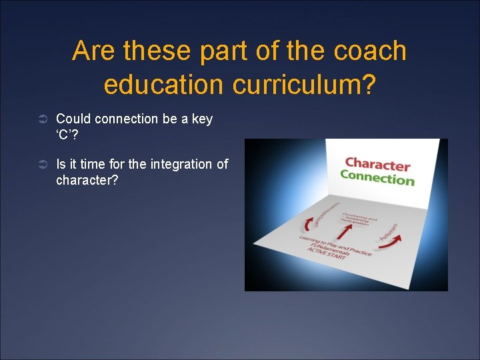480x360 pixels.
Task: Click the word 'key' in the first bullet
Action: click(201, 119)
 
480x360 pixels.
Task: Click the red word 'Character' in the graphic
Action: click(377, 164)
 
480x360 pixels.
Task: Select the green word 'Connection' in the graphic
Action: click(377, 178)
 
